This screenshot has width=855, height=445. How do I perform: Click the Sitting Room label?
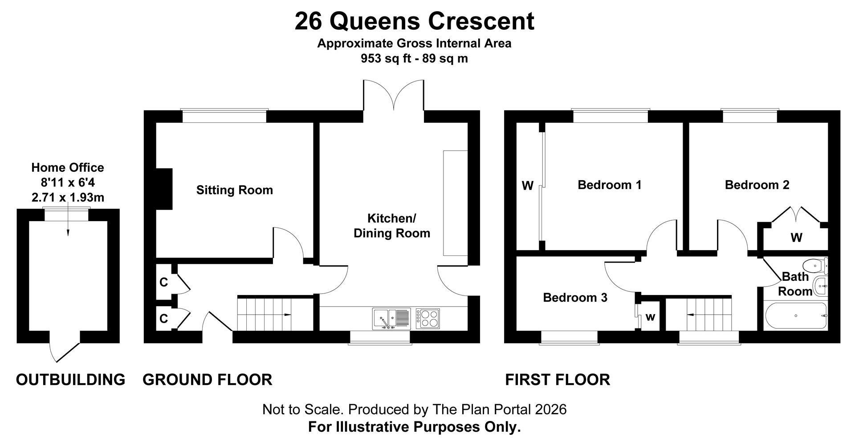[x=234, y=190]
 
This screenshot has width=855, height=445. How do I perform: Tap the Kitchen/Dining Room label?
[x=392, y=226]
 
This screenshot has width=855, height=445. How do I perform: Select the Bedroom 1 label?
[x=610, y=185]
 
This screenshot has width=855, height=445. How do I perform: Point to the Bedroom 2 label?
[x=757, y=185]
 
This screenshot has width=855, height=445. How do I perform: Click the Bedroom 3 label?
[x=575, y=297]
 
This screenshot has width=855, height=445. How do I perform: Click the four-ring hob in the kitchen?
[x=427, y=319]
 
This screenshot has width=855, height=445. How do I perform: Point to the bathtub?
[x=795, y=316]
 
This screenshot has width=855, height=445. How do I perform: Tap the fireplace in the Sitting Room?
[x=164, y=189]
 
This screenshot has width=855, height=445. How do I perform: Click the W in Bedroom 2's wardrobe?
[x=796, y=238]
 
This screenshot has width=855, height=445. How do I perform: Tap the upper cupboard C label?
[x=163, y=282]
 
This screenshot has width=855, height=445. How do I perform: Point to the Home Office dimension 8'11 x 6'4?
[x=68, y=182]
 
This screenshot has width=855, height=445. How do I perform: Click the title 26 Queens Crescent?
[x=414, y=21]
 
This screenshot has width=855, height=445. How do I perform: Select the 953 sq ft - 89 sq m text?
[x=414, y=58]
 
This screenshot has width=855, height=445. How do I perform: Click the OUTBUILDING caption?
[x=70, y=380]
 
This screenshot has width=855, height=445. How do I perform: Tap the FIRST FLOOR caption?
[x=558, y=380]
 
